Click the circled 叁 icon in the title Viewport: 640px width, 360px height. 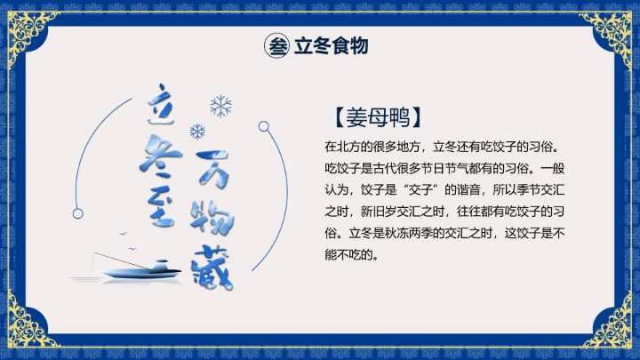click(277, 46)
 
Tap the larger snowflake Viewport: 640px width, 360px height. click(220, 107)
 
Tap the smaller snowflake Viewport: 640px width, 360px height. click(197, 132)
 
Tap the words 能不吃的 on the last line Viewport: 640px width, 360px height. click(352, 255)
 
